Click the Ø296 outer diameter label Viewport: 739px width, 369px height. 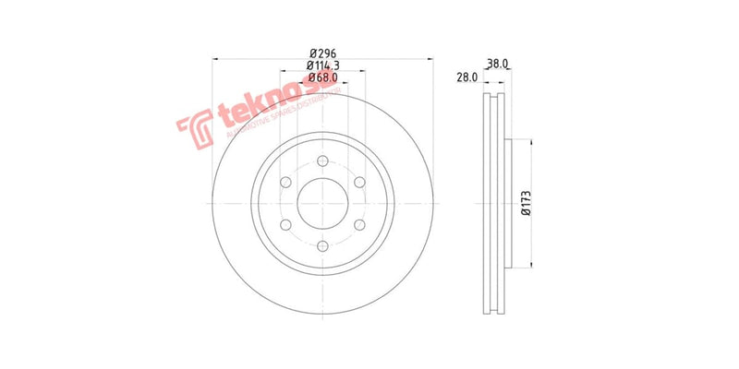click(321, 53)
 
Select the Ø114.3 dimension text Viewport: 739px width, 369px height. click(321, 65)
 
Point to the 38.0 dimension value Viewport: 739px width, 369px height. click(497, 65)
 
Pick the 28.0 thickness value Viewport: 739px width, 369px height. click(466, 77)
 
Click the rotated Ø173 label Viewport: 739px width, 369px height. click(526, 203)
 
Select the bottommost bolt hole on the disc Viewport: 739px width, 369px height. click(321, 245)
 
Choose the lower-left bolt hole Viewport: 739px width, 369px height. click(285, 224)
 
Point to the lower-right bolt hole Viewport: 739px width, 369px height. click(358, 224)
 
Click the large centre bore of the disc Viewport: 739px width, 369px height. click(321, 203)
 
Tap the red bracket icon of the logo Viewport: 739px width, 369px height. click(195, 128)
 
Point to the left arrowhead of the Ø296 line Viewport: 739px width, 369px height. click(215, 58)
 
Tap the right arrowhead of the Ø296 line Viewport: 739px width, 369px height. click(429, 58)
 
